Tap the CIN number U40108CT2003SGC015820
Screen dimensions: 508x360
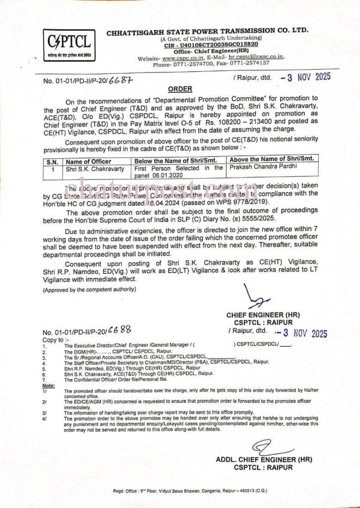(x=212, y=45)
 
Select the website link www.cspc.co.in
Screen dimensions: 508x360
(x=180, y=58)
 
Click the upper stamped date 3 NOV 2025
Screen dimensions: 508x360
(x=305, y=77)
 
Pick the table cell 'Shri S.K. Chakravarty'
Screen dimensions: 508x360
(x=95, y=169)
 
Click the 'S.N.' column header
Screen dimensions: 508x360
(x=52, y=161)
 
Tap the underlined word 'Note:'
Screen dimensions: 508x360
(x=49, y=385)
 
